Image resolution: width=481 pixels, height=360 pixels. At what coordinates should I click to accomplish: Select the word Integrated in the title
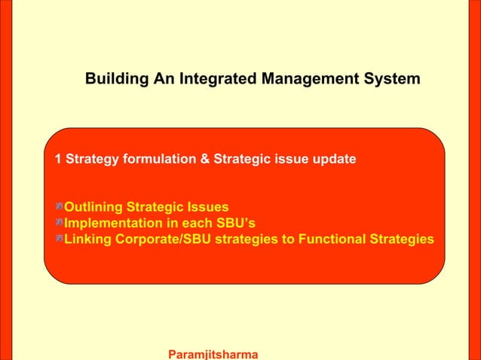pos(213,79)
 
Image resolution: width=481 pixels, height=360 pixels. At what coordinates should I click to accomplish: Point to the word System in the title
pos(393,79)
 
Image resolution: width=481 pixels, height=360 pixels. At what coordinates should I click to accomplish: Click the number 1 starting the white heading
pos(58,160)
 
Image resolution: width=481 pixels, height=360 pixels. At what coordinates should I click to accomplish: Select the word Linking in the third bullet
pos(87,239)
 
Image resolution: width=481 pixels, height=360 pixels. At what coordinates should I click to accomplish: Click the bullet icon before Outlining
pos(58,207)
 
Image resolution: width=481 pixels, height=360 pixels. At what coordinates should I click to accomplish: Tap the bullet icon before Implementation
pos(58,224)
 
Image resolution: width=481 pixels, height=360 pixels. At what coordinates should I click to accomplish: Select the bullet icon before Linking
pos(58,239)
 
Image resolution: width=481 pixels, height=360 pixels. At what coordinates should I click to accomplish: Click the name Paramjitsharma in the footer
pos(213,354)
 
